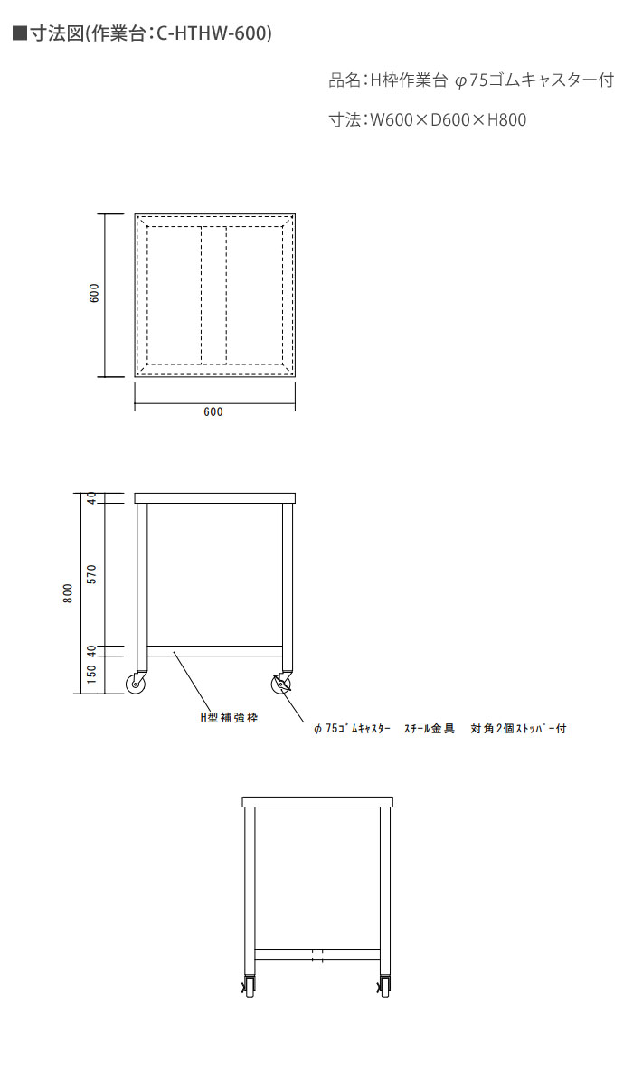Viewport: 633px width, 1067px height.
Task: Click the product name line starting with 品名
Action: tap(471, 80)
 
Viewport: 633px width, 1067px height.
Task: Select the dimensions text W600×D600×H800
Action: tap(448, 119)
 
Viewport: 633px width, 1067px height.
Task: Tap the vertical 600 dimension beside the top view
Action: tap(95, 293)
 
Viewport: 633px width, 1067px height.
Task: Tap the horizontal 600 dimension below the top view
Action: tap(213, 411)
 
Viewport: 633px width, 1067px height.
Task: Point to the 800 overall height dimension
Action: tap(68, 593)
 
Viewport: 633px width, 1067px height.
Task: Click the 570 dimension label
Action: tap(92, 573)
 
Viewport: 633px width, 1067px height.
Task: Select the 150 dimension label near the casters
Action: tap(92, 673)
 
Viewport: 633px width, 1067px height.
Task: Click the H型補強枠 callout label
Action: tap(230, 717)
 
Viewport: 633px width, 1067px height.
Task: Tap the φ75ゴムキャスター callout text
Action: tap(352, 728)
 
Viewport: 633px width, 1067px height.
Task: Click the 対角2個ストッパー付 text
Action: tap(518, 728)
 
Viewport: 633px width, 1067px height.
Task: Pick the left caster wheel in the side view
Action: tap(137, 683)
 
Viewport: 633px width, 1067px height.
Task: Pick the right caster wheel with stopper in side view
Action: tap(282, 683)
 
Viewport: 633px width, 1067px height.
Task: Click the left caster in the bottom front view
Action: tap(249, 987)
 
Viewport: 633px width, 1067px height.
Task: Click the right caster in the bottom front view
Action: tap(385, 987)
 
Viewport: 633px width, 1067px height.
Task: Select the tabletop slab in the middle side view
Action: tap(215, 497)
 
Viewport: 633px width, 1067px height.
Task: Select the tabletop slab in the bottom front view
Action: tap(317, 802)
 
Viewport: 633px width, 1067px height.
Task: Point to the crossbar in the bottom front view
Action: tap(317, 955)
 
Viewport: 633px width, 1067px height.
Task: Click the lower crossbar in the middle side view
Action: tap(215, 651)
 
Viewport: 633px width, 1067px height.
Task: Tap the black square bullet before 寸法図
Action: tap(20, 33)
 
